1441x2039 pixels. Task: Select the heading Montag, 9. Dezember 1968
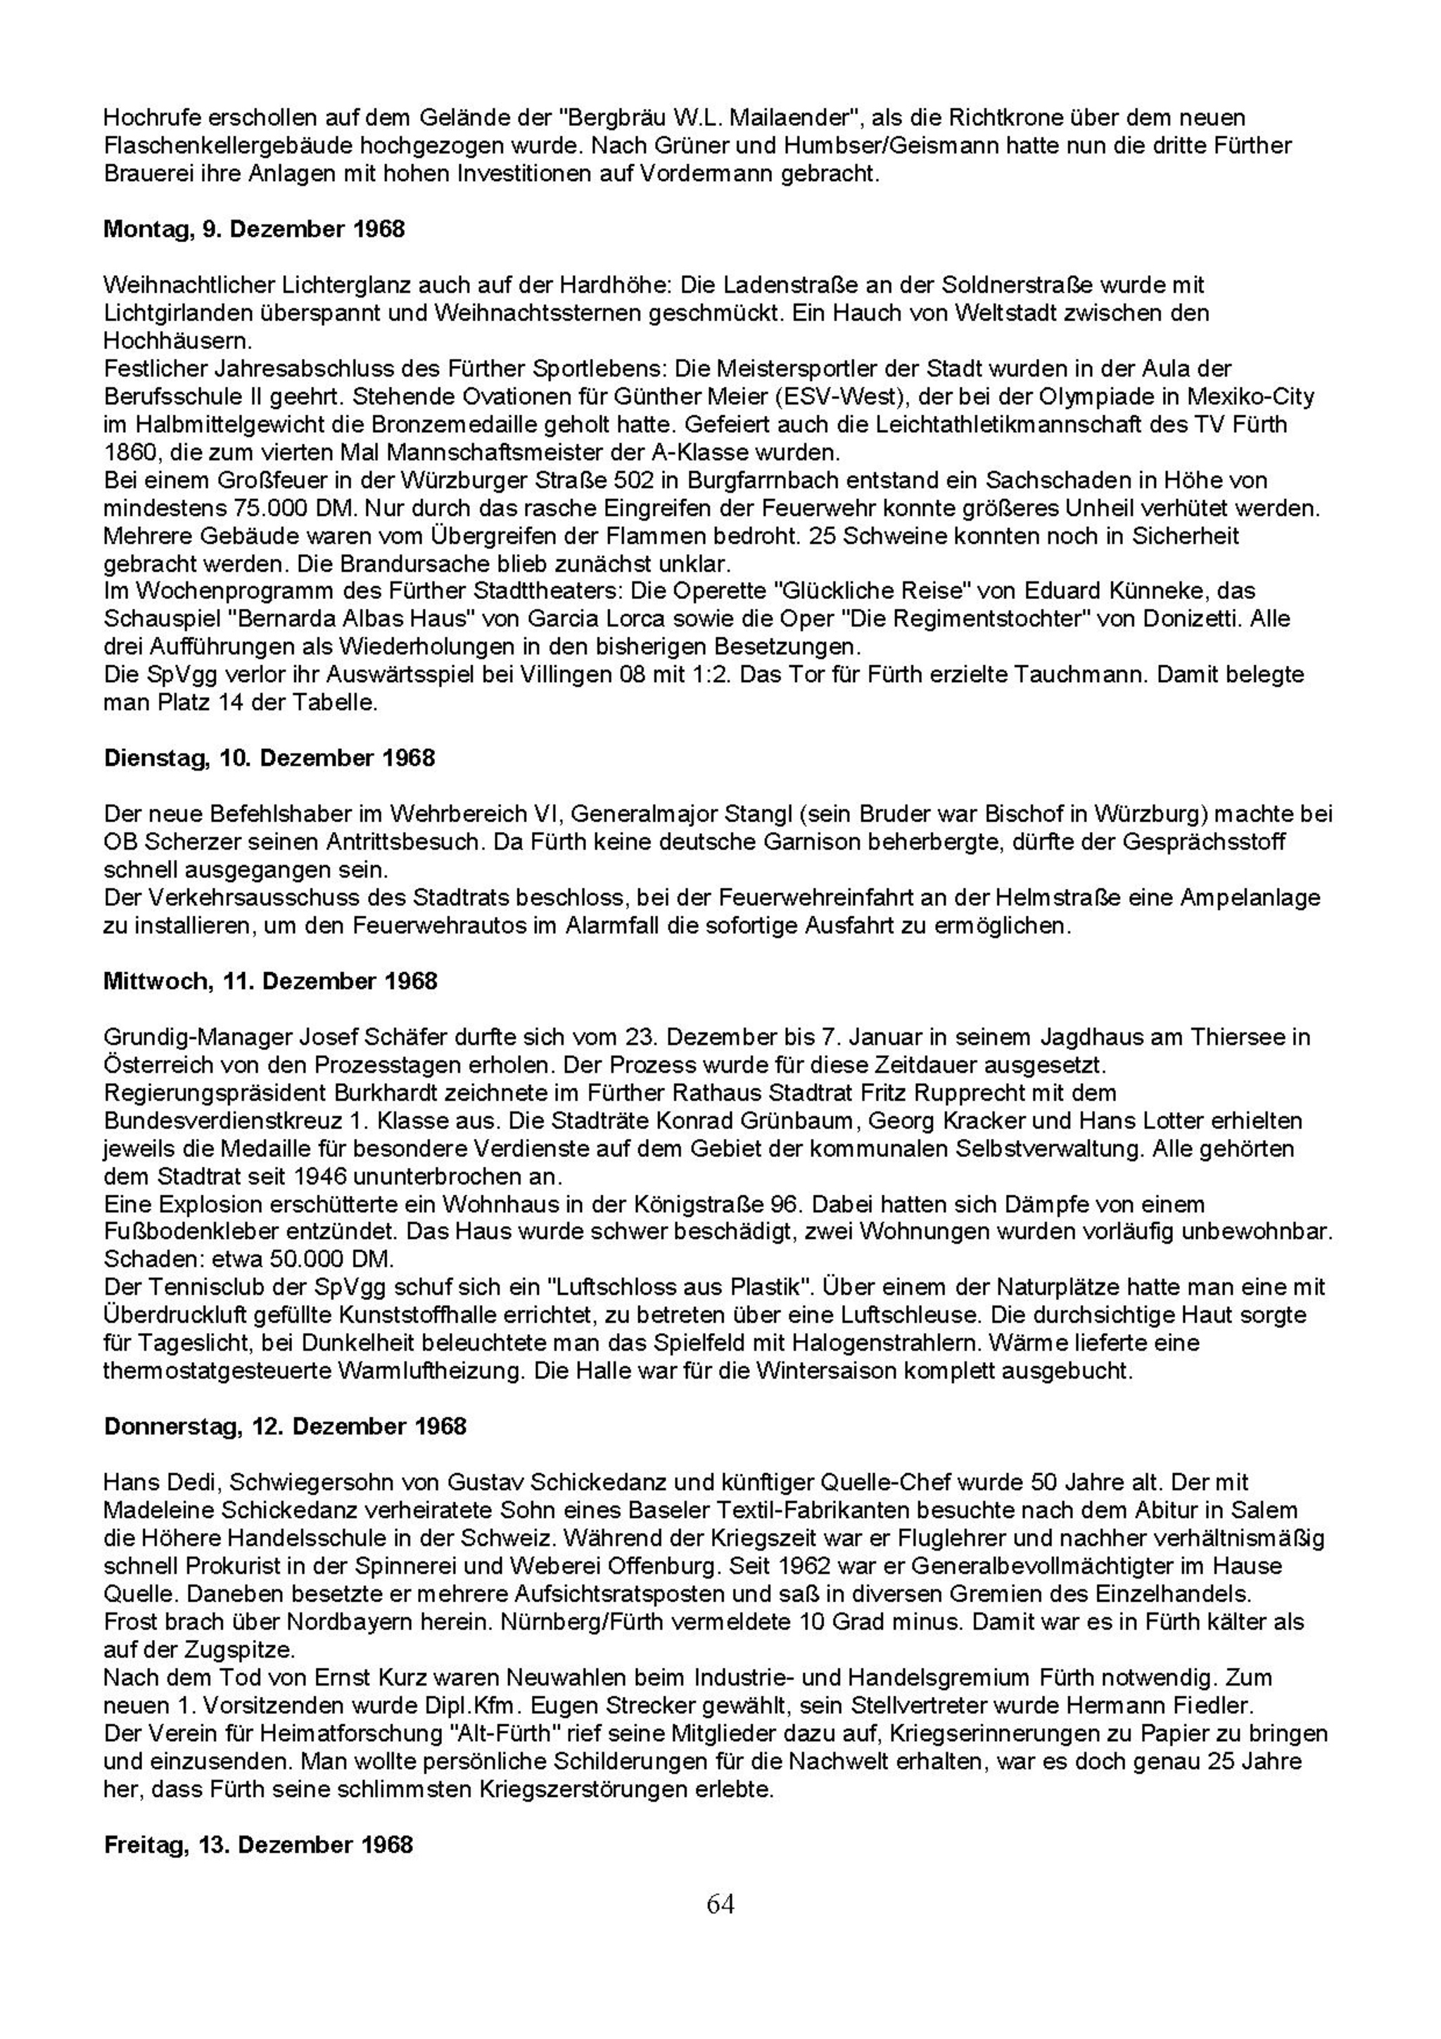(254, 229)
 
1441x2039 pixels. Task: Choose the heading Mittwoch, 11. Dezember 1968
(271, 980)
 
